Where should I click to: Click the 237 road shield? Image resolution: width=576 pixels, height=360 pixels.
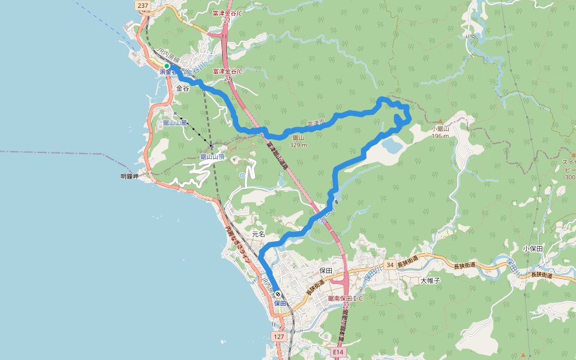coord(142,5)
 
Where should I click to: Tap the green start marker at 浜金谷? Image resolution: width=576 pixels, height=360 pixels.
coord(167,66)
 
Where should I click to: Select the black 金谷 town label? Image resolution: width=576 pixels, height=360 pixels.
coord(182,88)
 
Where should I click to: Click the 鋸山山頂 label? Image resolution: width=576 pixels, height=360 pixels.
coord(212,157)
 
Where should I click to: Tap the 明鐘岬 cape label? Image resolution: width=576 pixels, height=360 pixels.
coord(129,176)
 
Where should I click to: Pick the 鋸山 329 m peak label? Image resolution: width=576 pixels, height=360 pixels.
coord(298,141)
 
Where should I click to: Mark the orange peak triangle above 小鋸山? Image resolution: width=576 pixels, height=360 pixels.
coord(440,121)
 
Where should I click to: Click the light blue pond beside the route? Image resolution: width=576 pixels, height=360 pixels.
coord(390,145)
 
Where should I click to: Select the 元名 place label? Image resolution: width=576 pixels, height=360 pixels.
coord(259,233)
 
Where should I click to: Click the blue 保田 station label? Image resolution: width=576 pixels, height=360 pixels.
coord(280,303)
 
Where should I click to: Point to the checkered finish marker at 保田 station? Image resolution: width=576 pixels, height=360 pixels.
coord(278,295)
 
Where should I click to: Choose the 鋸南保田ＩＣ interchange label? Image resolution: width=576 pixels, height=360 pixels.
coord(346,298)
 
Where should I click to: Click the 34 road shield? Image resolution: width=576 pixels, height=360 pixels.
coord(390,265)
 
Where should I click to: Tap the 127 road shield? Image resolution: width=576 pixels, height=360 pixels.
coord(279,337)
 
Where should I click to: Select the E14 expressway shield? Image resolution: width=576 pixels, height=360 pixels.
coord(338,352)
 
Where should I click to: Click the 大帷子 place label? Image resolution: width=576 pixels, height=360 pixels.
coord(430,280)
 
